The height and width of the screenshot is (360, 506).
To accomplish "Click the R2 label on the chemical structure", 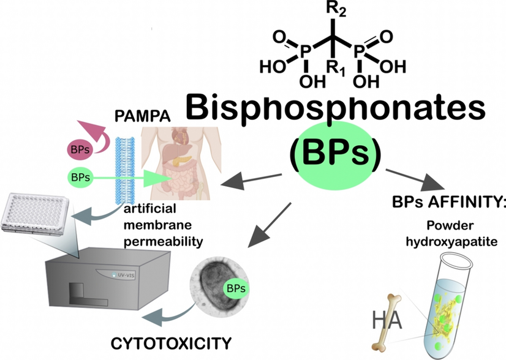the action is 336,9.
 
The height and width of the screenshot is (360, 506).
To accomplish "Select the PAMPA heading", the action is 142,116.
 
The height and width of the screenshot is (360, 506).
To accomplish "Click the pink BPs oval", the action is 80,149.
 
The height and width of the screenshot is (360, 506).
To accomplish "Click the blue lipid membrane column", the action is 125,170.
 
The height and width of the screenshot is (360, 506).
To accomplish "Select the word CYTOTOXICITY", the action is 171,343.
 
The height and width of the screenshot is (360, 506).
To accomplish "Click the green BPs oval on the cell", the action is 236,288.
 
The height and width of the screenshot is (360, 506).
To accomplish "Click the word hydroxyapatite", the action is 451,241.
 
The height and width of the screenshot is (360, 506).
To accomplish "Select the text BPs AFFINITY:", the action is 448,202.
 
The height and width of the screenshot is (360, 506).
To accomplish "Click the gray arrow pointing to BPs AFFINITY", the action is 415,179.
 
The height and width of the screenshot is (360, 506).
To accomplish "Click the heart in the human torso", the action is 179,136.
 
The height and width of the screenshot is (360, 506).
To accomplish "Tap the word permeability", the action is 164,242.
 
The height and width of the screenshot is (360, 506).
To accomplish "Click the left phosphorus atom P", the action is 306,51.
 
